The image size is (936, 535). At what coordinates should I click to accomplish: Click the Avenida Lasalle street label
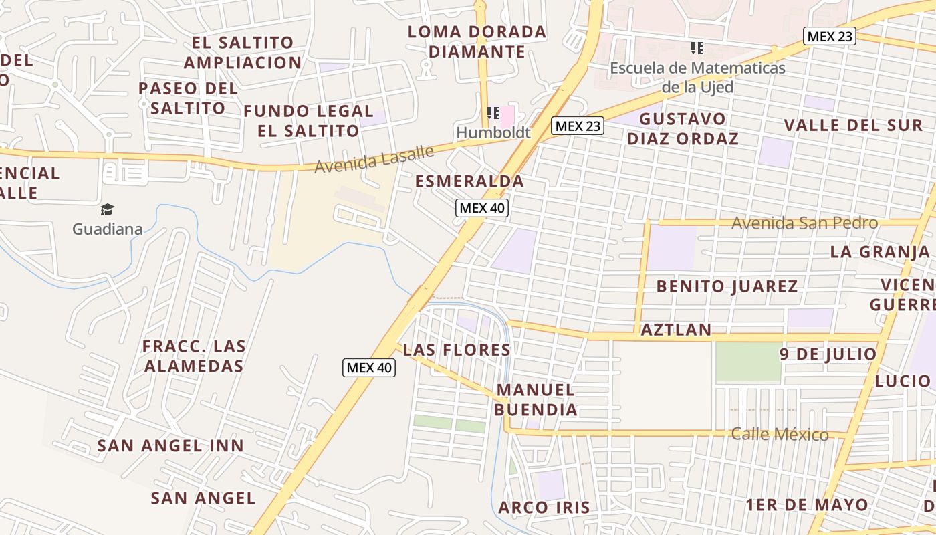tap(374, 159)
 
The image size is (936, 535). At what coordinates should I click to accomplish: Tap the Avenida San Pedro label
tap(804, 223)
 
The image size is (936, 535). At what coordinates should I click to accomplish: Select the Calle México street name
tap(780, 434)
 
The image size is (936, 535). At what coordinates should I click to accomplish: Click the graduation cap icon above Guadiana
tap(107, 210)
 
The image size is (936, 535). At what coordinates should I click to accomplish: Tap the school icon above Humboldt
tap(494, 112)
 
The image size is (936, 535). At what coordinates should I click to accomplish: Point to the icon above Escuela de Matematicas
tap(697, 48)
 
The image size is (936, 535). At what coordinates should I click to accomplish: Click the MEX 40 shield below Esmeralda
tap(482, 208)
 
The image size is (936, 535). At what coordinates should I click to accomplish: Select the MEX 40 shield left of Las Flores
tap(369, 367)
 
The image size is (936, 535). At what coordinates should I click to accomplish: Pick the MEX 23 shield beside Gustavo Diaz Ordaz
tap(578, 126)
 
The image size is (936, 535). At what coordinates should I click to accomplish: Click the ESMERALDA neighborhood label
tap(469, 181)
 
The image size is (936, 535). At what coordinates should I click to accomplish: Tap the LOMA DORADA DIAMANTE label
tap(477, 41)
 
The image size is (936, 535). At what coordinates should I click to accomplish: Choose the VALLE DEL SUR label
tap(853, 125)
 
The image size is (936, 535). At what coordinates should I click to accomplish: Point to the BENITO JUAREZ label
tap(727, 286)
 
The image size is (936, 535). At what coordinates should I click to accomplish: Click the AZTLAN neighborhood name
tap(676, 330)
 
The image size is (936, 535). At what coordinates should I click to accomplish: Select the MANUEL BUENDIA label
tap(536, 399)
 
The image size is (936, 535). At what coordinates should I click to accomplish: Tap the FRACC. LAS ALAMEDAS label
tap(194, 356)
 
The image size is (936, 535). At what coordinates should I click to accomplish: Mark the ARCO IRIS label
tap(544, 507)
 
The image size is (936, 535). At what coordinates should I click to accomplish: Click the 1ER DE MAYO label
tap(807, 504)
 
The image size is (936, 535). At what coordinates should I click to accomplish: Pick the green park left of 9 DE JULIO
tap(748, 362)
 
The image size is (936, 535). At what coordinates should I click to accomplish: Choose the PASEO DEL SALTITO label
tap(188, 98)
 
